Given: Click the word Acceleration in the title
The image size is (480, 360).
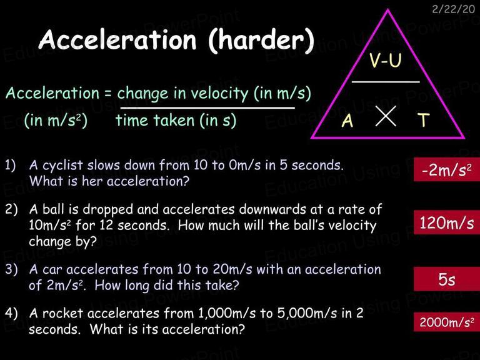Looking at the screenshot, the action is click(117, 39).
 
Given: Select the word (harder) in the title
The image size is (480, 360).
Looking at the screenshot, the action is click(261, 41).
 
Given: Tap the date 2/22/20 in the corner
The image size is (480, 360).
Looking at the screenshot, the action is click(453, 9).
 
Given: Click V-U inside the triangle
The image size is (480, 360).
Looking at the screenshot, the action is click(385, 60).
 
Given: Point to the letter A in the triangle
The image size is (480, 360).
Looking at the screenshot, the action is click(347, 120).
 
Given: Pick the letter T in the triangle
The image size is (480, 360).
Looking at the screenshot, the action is click(424, 120).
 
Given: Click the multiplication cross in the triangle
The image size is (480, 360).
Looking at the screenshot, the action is click(386, 116).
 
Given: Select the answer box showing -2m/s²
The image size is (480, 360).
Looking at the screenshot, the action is click(447, 169).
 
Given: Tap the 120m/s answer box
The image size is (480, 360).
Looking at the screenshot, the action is click(447, 222).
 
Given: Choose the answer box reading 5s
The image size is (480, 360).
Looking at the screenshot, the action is click(447, 279).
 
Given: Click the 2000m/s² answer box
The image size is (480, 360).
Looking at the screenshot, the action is click(447, 322).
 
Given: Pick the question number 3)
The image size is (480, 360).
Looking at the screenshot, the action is click(11, 269).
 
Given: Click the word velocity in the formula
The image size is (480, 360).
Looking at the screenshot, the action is click(216, 93).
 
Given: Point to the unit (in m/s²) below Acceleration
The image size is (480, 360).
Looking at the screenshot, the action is click(56, 120).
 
